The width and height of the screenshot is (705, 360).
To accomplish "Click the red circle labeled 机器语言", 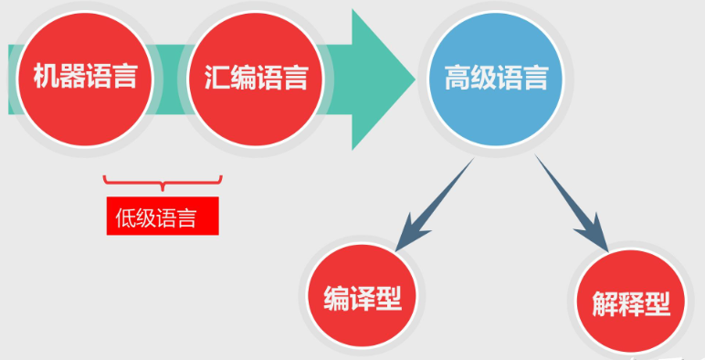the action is (x=85, y=76).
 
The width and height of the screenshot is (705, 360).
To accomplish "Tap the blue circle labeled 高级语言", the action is (x=496, y=78).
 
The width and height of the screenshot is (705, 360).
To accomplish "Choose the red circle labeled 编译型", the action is (x=363, y=295).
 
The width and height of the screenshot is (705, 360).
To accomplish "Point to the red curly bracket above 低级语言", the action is (x=163, y=183).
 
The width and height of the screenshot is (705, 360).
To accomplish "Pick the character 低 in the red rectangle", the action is (x=126, y=217).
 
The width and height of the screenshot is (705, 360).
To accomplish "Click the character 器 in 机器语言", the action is (x=72, y=76).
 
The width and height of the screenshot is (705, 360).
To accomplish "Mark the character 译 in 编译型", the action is (x=363, y=296).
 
